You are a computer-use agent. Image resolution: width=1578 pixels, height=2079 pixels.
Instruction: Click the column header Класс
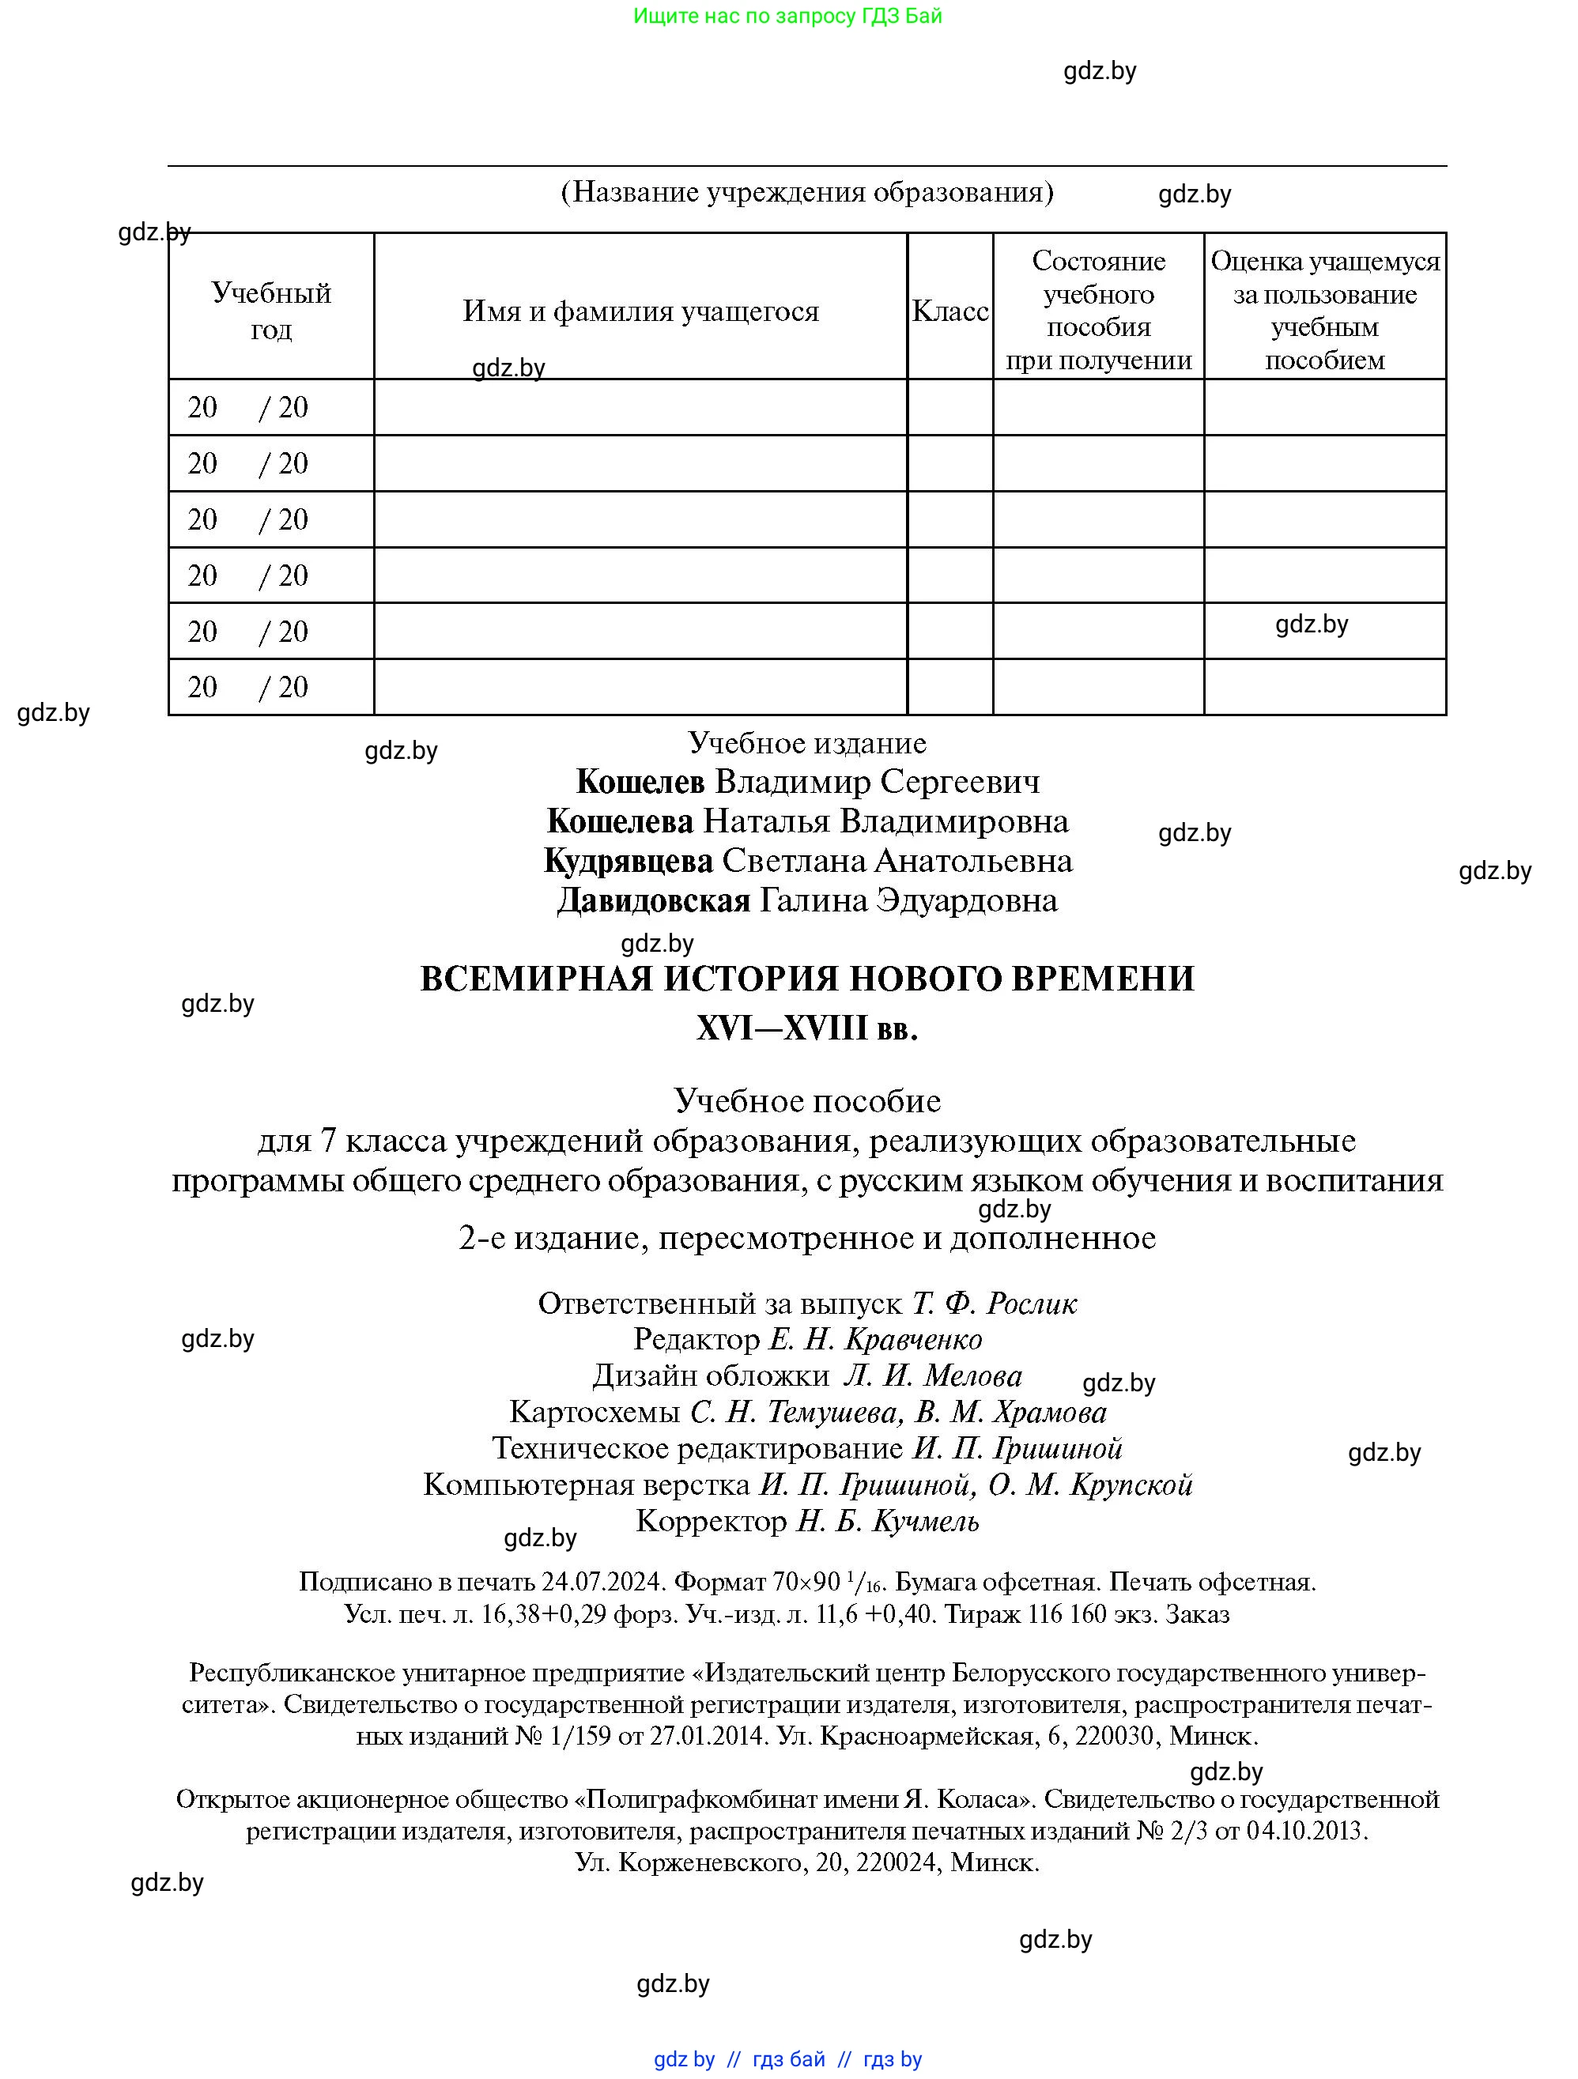coord(949,311)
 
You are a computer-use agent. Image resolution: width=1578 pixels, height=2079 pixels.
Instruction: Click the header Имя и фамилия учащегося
coord(640,311)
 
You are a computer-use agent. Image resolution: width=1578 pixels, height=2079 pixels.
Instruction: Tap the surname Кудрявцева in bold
coord(628,861)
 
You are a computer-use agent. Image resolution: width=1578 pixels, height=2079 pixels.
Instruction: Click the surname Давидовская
coord(653,900)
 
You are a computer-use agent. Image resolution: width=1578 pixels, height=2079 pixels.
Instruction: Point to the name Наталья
coord(766,821)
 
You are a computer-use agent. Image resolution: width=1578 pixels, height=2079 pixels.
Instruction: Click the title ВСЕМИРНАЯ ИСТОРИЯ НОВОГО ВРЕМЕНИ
coord(806,979)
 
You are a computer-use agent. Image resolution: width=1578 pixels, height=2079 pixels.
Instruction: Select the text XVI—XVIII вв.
coord(806,1028)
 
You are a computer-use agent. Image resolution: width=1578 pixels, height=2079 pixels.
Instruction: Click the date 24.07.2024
coord(602,1582)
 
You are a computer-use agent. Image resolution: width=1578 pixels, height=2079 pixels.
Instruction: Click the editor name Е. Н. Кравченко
coord(876,1339)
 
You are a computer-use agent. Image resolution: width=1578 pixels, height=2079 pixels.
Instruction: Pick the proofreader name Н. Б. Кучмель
coord(887,1521)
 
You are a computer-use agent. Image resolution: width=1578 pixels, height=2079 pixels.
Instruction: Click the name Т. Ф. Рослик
coord(995,1304)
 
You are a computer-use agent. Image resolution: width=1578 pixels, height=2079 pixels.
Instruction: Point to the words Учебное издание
coord(806,742)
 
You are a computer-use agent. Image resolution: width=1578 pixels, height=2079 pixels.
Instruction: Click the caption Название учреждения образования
coord(806,192)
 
